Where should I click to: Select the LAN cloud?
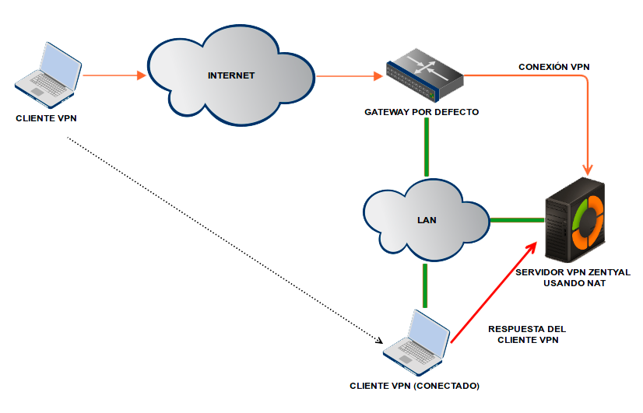coord(426,220)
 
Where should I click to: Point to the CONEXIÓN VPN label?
coord(553,67)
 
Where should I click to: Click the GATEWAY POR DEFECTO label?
coord(421,112)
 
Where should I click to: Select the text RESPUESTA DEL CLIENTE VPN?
coord(526,334)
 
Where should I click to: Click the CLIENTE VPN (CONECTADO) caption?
coord(415,386)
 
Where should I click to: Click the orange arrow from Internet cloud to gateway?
coord(350,76)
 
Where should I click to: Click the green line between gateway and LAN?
coord(427,148)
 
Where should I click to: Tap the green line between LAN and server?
coord(516,219)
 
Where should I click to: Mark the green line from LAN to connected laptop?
coord(425,286)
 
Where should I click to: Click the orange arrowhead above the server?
coord(590,167)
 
